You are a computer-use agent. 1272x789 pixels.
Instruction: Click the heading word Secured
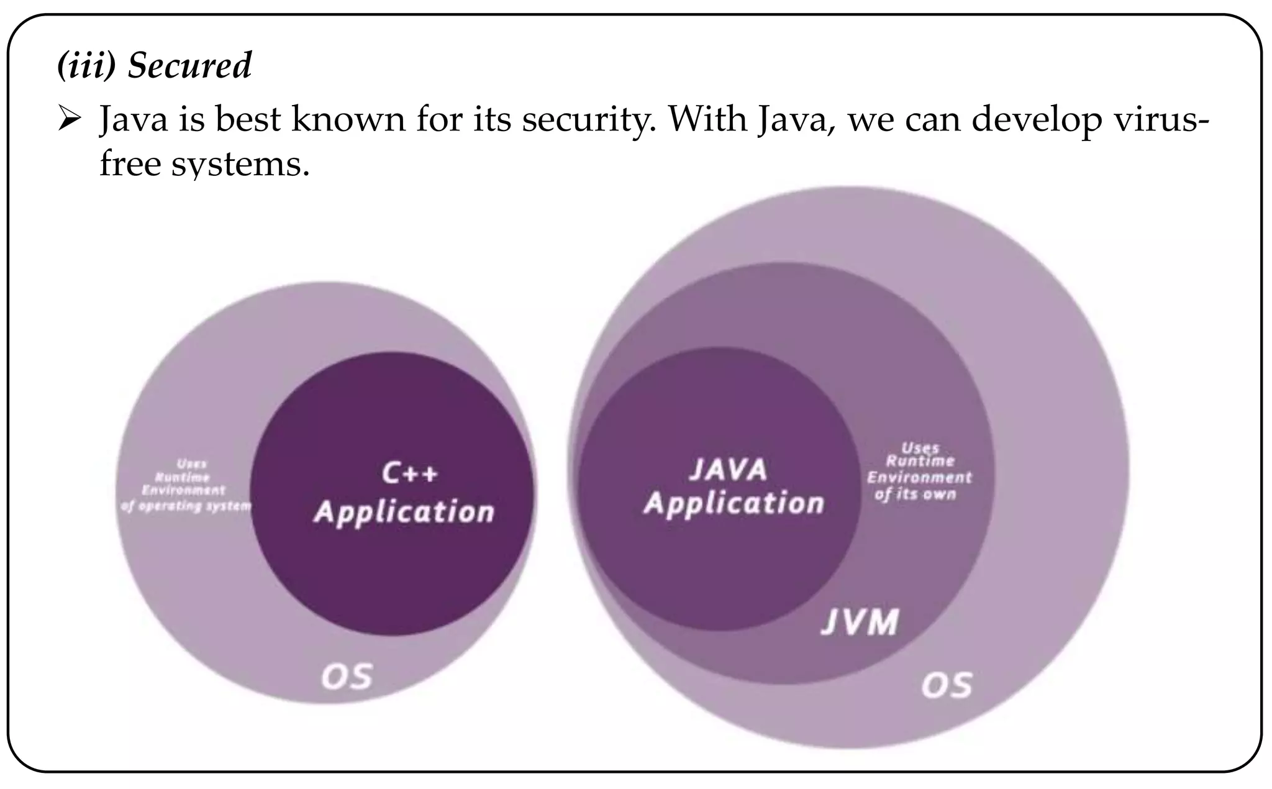[189, 66]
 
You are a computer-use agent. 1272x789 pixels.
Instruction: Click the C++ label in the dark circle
[409, 474]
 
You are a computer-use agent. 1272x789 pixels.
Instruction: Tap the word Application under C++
[404, 513]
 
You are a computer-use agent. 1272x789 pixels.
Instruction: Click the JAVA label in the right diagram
[728, 469]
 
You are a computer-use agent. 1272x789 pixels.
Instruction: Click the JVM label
[860, 622]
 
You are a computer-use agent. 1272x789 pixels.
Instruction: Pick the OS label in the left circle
[347, 677]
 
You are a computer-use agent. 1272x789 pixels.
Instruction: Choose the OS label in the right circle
[946, 685]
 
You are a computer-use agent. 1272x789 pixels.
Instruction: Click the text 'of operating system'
[186, 506]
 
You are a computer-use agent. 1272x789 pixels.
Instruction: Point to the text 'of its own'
[915, 495]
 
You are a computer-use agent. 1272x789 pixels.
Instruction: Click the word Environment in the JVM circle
[919, 477]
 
